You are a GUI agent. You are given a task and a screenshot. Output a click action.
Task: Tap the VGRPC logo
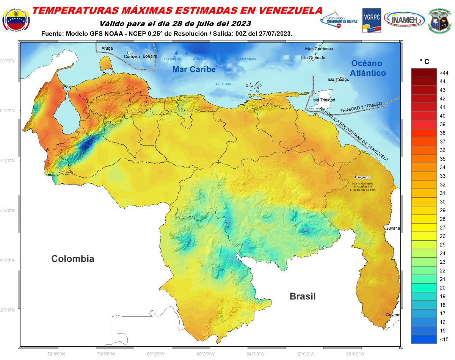point(372,20)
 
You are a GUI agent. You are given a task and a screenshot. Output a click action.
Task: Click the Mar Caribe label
point(194,69)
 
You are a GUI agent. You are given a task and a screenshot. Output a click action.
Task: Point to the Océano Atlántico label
point(367,68)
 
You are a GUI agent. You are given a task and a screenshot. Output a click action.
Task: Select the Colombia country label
point(72,259)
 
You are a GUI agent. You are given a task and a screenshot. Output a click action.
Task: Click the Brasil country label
point(302,296)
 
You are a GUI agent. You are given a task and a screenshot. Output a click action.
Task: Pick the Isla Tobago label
point(338,80)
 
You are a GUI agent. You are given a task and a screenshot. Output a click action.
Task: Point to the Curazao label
point(132,56)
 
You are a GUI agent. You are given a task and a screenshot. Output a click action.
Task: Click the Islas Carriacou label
point(319,49)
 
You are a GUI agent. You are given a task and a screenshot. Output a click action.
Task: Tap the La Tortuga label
point(223,84)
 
